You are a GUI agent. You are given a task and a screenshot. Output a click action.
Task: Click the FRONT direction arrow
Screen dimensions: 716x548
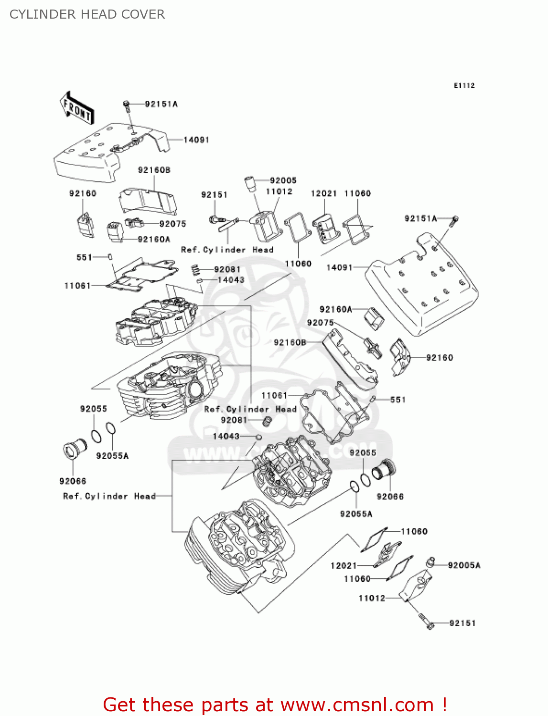76,109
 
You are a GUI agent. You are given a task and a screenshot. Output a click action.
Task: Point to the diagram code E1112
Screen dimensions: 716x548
464,85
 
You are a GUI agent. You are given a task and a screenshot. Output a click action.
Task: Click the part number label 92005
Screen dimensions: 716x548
283,180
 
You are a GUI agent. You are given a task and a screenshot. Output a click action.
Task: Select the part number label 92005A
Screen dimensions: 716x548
464,565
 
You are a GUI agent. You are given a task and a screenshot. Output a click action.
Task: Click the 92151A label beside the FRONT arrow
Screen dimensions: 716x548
161,104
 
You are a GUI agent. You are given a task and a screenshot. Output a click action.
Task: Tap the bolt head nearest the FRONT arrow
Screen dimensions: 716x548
127,104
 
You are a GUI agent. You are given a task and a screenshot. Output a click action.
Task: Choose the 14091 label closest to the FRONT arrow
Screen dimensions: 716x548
196,140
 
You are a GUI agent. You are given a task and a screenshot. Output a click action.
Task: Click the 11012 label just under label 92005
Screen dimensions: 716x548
279,191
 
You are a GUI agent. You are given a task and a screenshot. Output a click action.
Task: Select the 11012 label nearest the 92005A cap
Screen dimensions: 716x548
372,598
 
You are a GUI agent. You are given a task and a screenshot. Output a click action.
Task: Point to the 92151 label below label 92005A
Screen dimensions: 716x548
462,623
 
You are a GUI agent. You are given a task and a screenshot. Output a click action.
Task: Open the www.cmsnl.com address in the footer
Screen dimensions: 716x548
356,705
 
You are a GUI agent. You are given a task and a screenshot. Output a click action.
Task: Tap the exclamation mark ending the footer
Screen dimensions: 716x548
444,705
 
